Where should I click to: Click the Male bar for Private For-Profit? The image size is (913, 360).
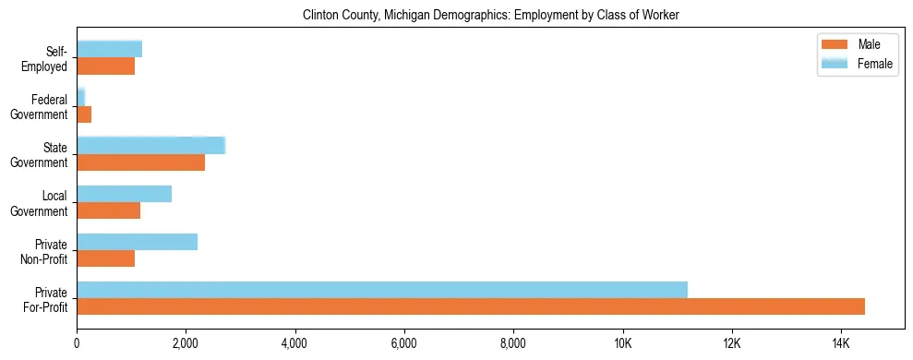pyautogui.click(x=471, y=306)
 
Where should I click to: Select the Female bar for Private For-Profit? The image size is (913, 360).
pyautogui.click(x=382, y=290)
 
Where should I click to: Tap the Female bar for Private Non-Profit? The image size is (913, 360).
pyautogui.click(x=137, y=242)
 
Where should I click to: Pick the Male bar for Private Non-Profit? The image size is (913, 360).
pyautogui.click(x=106, y=258)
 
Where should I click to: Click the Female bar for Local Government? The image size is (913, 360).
pyautogui.click(x=124, y=194)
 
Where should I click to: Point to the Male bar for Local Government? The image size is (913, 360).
pyautogui.click(x=109, y=210)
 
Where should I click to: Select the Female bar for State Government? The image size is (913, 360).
pyautogui.click(x=150, y=146)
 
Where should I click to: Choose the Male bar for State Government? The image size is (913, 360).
pyautogui.click(x=140, y=162)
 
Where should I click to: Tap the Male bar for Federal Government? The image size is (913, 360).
pyautogui.click(x=84, y=114)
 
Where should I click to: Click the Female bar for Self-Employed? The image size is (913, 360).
pyautogui.click(x=109, y=49)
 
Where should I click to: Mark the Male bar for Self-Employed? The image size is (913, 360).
pyautogui.click(x=106, y=66)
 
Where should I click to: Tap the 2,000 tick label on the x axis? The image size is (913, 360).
pyautogui.click(x=186, y=343)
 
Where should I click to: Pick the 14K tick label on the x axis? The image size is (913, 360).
pyautogui.click(x=840, y=343)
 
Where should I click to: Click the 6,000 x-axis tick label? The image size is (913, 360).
pyautogui.click(x=403, y=343)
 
